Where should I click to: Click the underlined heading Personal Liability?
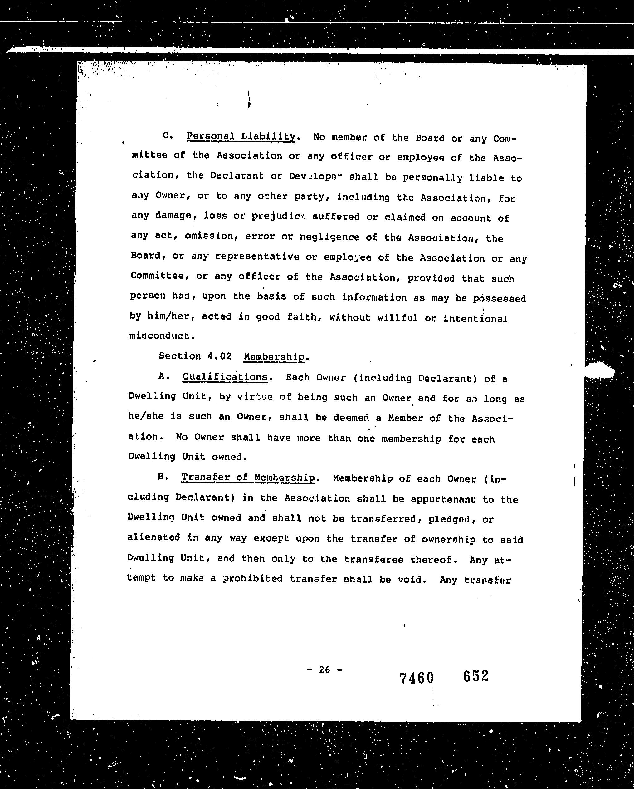point(241,136)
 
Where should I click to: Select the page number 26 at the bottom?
point(324,669)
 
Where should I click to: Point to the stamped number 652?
point(475,676)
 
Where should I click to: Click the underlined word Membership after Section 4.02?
point(274,357)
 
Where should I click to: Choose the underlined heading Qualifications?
point(225,377)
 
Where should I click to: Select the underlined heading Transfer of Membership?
point(248,478)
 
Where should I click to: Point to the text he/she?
point(146,416)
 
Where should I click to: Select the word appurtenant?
point(443,499)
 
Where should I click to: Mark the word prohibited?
point(253,579)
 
